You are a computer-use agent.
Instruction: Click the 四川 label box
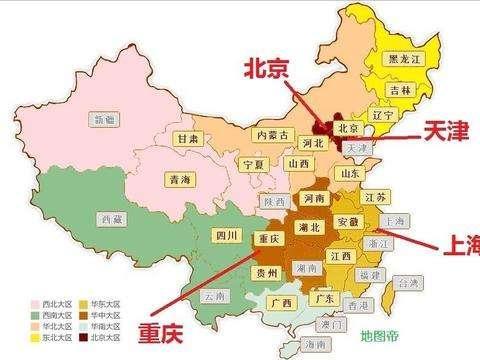(x=227, y=236)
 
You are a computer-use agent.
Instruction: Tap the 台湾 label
(x=410, y=283)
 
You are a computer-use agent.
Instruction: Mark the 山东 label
(x=351, y=173)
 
